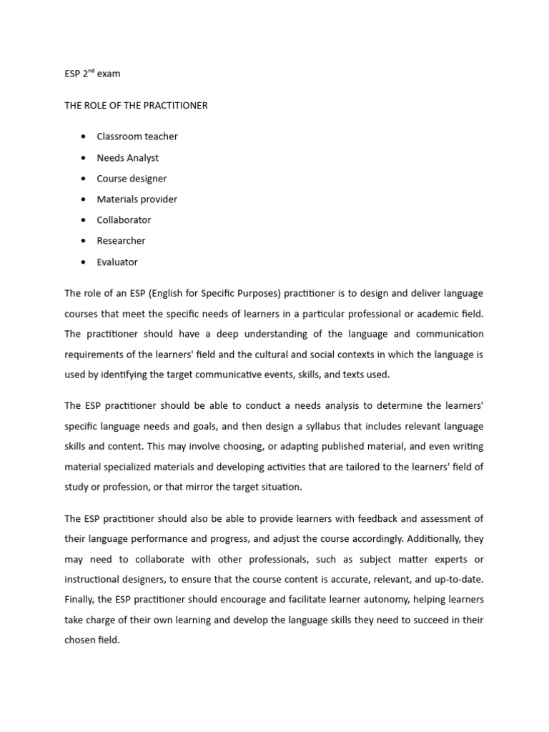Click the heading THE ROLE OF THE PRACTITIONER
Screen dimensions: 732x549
click(136, 105)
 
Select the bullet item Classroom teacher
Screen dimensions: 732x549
click(137, 137)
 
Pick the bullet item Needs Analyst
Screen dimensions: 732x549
click(128, 157)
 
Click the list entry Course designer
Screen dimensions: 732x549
click(132, 179)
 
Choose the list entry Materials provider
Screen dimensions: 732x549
click(137, 199)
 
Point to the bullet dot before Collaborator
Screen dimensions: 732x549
click(84, 220)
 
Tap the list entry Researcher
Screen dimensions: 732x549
click(121, 241)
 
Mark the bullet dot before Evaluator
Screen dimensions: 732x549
click(84, 262)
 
